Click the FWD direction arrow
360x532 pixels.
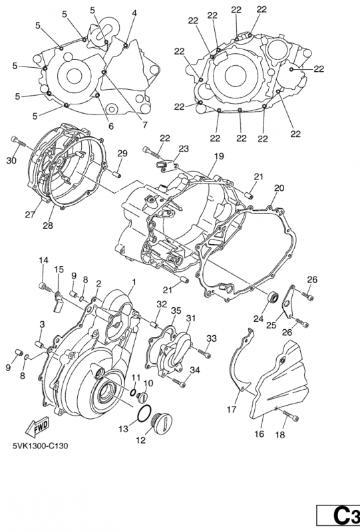(x=37, y=427)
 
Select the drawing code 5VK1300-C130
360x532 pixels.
(x=40, y=446)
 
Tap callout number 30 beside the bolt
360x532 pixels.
(x=11, y=160)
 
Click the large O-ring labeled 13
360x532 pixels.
(x=144, y=413)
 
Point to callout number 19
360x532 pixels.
(x=219, y=156)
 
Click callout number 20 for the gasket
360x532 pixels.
(x=279, y=188)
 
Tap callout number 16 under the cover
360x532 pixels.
(x=259, y=434)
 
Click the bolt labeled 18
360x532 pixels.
(x=291, y=414)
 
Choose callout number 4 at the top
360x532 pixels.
(x=134, y=13)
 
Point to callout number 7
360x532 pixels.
(x=145, y=124)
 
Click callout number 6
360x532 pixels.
(x=111, y=126)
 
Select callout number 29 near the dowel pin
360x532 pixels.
(x=122, y=153)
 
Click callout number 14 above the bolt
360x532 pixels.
(x=43, y=261)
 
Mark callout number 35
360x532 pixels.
(x=176, y=311)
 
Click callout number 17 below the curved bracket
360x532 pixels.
(x=232, y=410)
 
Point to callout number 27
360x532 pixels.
(x=29, y=214)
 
